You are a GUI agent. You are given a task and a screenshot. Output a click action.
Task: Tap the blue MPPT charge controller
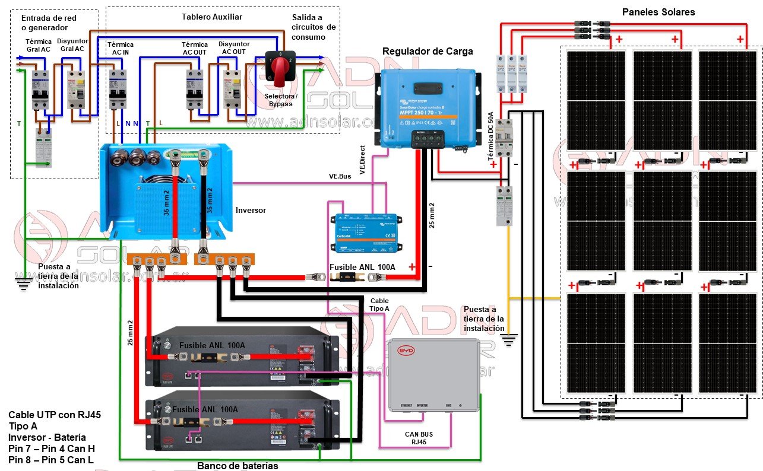(427, 107)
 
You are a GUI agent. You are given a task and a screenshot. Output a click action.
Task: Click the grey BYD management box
(435, 375)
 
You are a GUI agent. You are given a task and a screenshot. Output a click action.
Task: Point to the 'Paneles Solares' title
(658, 12)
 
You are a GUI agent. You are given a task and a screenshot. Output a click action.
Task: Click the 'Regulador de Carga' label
(428, 52)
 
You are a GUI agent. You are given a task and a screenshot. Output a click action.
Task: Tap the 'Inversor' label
(251, 210)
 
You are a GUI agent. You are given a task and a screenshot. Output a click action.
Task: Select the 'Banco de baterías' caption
(238, 466)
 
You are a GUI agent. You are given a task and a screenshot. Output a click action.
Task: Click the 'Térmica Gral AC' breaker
(40, 89)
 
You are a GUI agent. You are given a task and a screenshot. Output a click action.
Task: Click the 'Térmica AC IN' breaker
(117, 89)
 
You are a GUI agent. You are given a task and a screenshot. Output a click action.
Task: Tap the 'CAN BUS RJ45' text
(419, 438)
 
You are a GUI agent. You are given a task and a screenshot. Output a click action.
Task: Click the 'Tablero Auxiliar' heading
(204, 16)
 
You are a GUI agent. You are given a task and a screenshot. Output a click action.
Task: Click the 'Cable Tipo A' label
(379, 305)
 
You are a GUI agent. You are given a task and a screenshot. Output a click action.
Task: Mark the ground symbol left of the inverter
(24, 284)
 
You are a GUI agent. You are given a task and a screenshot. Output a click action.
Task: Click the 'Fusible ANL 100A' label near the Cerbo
(362, 267)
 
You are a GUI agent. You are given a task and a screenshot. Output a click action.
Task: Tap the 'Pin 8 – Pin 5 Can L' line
(52, 460)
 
